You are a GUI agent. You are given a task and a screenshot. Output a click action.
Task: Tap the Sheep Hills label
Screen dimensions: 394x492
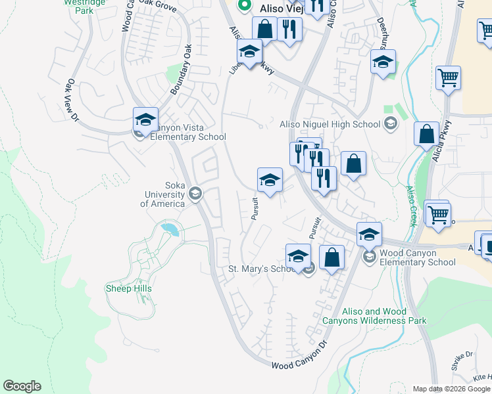(x=128, y=288)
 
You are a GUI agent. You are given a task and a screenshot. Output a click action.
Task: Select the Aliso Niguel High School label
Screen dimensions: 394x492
(x=330, y=124)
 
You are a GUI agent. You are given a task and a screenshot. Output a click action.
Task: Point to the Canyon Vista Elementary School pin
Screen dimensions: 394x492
(x=145, y=121)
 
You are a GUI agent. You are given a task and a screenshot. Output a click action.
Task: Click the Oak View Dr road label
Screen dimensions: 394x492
(x=72, y=100)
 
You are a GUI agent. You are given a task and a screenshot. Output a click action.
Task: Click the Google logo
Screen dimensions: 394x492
(x=22, y=386)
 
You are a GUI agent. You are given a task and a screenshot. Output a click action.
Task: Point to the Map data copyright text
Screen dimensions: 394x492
(x=451, y=389)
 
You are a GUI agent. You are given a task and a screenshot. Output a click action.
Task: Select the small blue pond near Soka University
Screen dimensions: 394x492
(x=170, y=229)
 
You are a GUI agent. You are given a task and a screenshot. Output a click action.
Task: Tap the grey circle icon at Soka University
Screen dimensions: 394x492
(x=195, y=193)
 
